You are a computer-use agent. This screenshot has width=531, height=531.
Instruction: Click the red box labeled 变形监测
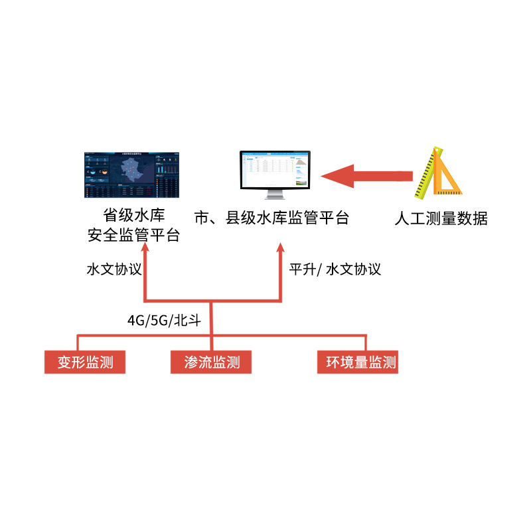pyautogui.click(x=84, y=362)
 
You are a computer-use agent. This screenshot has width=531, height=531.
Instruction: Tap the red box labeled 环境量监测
pyautogui.click(x=358, y=362)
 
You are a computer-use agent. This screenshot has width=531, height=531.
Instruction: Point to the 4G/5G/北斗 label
pyautogui.click(x=169, y=320)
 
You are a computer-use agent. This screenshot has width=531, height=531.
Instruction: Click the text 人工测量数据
pyautogui.click(x=440, y=218)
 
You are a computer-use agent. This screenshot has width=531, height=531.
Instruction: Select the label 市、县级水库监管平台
pyautogui.click(x=271, y=218)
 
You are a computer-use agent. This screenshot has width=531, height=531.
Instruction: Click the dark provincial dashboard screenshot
pyautogui.click(x=133, y=175)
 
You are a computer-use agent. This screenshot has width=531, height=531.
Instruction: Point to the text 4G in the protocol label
pyautogui.click(x=135, y=320)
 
